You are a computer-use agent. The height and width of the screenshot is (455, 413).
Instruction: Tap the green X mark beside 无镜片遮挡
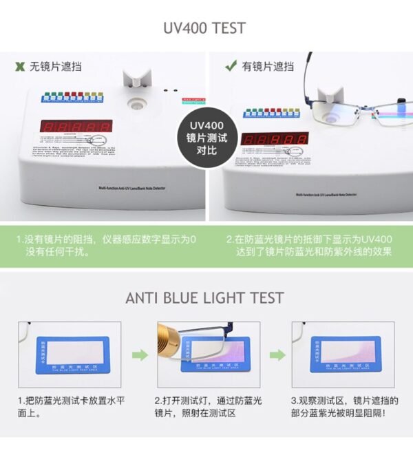pos(20,66)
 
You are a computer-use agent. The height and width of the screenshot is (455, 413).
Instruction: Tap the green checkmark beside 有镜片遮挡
pos(231,66)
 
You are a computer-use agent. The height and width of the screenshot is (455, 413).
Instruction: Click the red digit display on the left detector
pos(76,127)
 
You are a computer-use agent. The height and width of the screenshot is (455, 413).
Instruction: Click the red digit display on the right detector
pos(275,138)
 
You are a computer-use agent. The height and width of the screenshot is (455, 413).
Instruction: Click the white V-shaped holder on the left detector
pos(136,81)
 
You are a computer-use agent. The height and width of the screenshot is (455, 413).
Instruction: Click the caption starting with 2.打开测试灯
pos(205,407)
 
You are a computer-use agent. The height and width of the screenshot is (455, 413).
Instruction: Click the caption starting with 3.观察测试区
pos(343,407)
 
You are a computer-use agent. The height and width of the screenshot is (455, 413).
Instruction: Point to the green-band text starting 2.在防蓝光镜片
pos(309,246)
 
